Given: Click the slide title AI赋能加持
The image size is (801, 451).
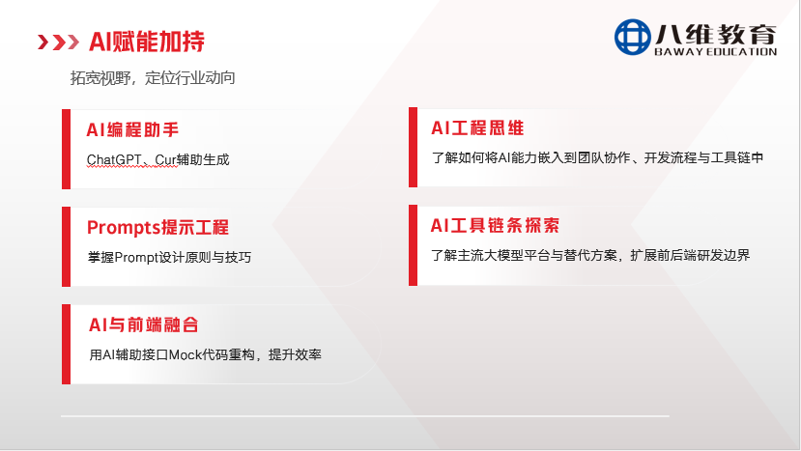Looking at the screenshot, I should click(146, 42).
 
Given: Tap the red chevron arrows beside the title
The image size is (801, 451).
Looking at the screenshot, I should click(58, 42).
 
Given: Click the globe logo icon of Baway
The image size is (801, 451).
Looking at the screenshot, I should click(634, 38).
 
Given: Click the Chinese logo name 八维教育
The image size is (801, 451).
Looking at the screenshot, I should click(717, 33).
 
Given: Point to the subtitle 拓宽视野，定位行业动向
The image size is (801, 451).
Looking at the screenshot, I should click(153, 78).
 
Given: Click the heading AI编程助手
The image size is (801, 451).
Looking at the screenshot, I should click(132, 129).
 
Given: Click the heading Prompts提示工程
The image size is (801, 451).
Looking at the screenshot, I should click(157, 228).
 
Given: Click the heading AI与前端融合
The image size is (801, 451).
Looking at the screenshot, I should click(143, 325).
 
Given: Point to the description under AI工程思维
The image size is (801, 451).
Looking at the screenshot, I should click(597, 157).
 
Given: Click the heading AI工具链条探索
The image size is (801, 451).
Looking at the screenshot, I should click(495, 226).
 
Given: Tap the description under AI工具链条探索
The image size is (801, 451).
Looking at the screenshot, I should click(589, 255).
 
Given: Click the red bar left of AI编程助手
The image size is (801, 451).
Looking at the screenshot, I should click(66, 148).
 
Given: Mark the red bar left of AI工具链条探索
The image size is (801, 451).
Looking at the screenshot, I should click(414, 244).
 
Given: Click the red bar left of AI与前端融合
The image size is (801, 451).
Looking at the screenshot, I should click(66, 343).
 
